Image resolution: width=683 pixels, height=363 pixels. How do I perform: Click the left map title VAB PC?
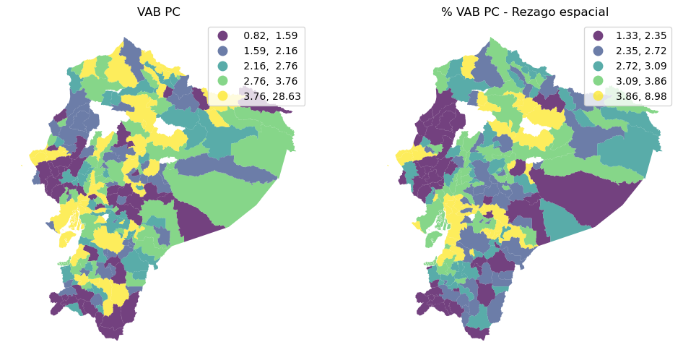click(x=159, y=12)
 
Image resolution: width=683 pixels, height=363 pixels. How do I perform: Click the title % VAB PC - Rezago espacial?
click(x=525, y=12)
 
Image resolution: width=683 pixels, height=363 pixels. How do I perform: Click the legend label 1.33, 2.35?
click(x=641, y=35)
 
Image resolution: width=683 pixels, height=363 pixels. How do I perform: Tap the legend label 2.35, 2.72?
click(x=641, y=51)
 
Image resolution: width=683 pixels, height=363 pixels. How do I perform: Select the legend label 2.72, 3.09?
click(x=641, y=66)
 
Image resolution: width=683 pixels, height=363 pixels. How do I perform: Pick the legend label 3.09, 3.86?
click(x=641, y=81)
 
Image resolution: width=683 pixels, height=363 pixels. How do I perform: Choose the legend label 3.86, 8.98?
click(x=641, y=96)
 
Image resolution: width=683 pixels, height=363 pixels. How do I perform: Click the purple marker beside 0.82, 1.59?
click(x=223, y=35)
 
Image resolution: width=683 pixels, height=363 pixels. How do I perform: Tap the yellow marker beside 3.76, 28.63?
click(x=223, y=96)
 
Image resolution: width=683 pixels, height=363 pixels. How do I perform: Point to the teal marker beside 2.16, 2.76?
click(x=223, y=66)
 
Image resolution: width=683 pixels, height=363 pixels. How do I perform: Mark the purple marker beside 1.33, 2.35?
click(x=598, y=35)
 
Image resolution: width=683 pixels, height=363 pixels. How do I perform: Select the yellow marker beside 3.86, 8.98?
click(x=598, y=96)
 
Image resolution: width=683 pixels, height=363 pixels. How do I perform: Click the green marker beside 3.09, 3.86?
click(x=598, y=81)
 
